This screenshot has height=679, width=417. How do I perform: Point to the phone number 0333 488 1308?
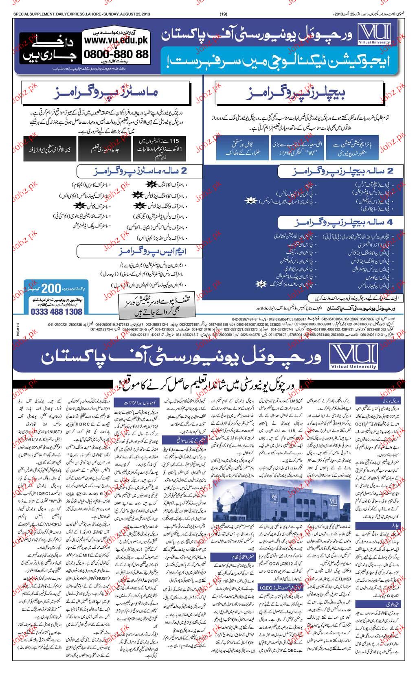click(56, 311)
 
